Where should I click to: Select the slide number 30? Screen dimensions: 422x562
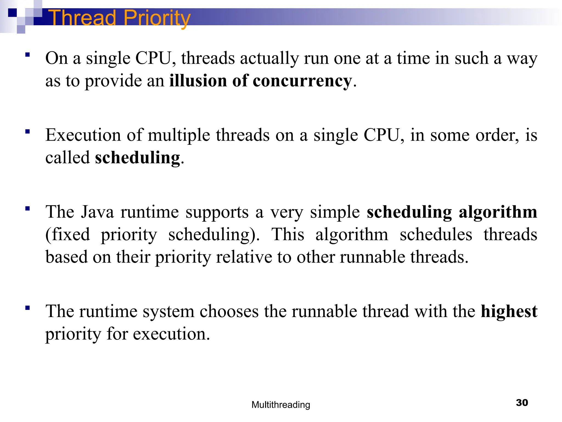[x=522, y=402]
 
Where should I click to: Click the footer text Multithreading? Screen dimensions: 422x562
[x=281, y=405]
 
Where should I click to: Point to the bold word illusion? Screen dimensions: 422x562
[x=198, y=81]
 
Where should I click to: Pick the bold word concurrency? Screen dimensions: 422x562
[x=302, y=81]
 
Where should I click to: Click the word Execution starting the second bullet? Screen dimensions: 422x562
[x=83, y=135]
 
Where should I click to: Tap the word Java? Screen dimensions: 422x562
[x=97, y=212]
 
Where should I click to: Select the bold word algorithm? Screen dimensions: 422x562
[x=498, y=212]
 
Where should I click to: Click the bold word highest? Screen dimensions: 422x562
[x=509, y=312]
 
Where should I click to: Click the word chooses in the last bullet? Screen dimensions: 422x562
[x=229, y=312]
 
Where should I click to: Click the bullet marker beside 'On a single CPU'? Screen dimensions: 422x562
[x=27, y=55]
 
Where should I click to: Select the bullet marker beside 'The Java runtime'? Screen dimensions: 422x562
[x=27, y=209]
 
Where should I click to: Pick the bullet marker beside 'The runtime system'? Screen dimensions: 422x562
[x=27, y=308]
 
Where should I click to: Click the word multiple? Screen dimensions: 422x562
[x=179, y=135]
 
